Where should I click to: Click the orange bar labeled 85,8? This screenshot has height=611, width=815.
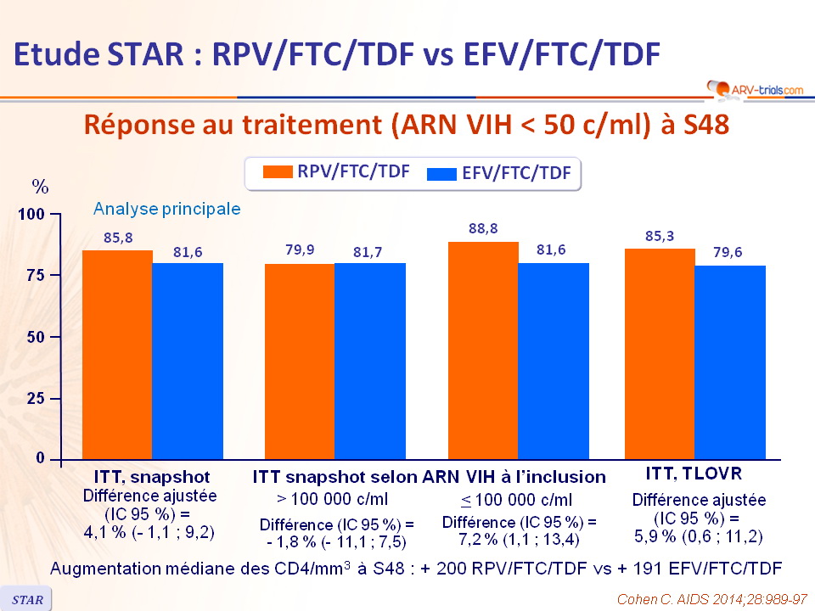[117, 355]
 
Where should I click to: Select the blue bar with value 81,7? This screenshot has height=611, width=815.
[369, 361]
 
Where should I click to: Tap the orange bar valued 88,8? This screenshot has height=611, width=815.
[483, 350]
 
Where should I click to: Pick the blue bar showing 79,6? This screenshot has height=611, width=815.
[729, 362]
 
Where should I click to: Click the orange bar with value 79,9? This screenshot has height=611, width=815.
[299, 362]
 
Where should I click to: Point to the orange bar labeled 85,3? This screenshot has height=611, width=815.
[659, 354]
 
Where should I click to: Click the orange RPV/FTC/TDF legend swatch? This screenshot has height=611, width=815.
[278, 172]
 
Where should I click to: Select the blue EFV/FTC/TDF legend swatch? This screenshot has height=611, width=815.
[441, 174]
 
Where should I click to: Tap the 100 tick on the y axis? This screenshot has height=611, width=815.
[31, 215]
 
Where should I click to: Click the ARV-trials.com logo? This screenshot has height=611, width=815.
[753, 88]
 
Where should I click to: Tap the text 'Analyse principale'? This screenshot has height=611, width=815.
[166, 208]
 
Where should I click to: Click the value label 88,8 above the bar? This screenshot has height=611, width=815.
[483, 228]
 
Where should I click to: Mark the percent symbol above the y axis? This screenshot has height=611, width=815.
[40, 186]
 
